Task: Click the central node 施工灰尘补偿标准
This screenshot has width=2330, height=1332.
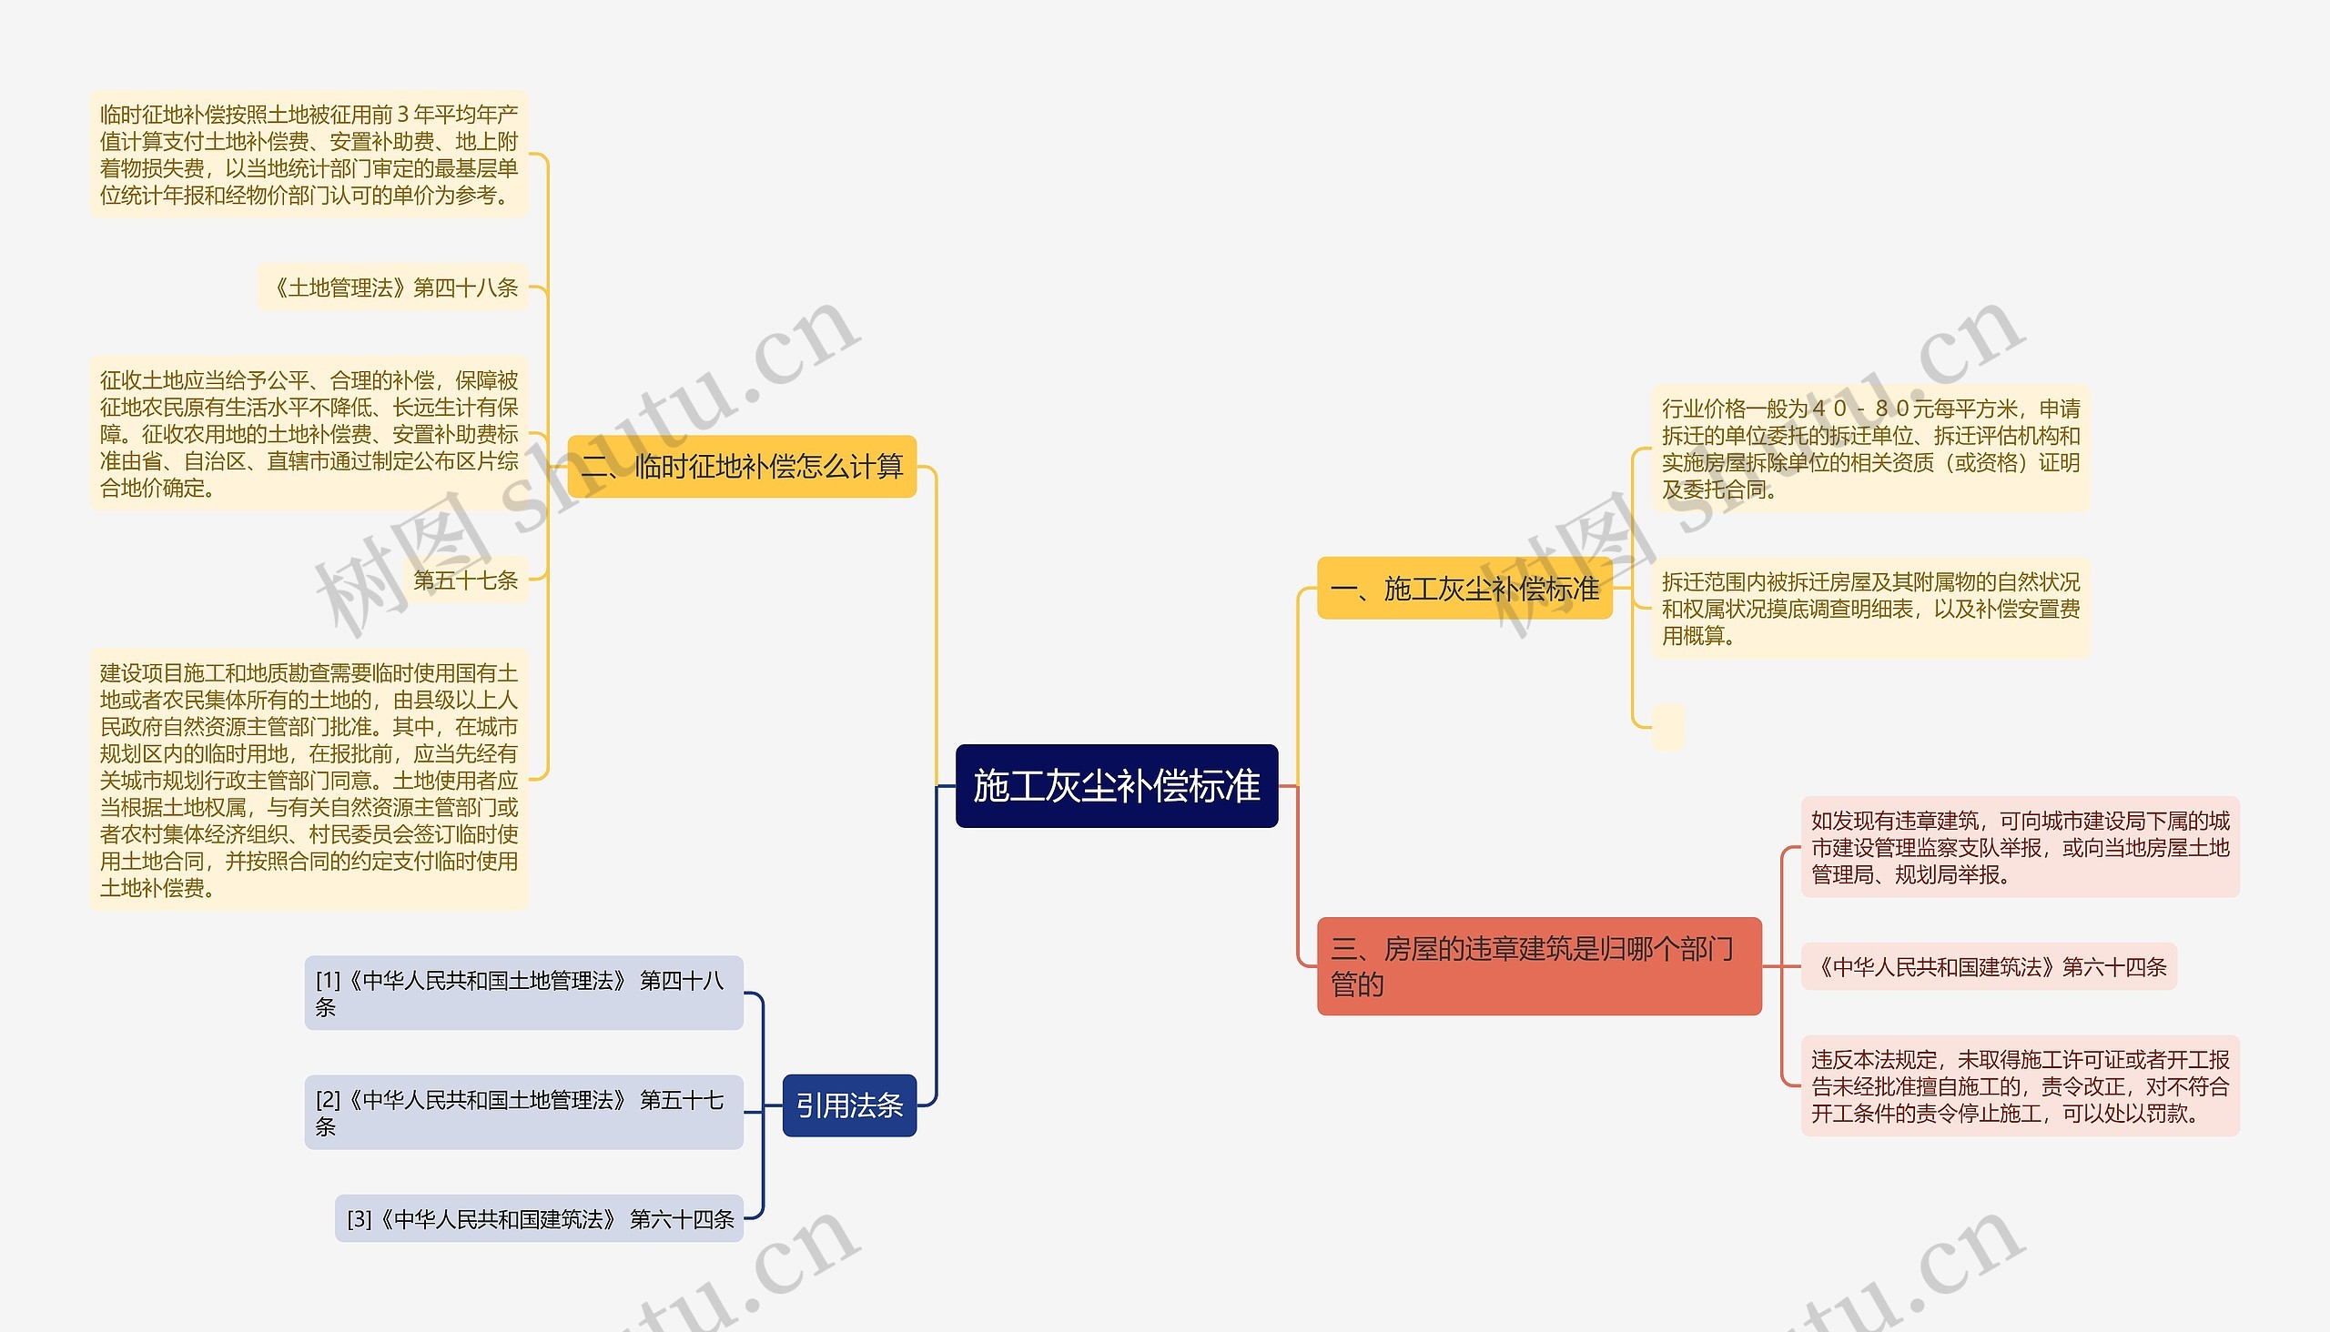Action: [1116, 786]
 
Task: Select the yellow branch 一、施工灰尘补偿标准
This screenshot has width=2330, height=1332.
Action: [1464, 589]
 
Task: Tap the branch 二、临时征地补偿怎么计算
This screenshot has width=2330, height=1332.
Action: [741, 467]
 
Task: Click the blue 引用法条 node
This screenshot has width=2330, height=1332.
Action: [848, 1105]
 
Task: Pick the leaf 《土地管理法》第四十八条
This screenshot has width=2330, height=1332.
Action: [393, 288]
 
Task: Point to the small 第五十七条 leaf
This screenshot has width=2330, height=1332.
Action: [465, 580]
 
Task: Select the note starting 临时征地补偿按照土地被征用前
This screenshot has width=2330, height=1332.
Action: [309, 154]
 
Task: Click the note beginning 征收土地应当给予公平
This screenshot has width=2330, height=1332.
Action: [309, 434]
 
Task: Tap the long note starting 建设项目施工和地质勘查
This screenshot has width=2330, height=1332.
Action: [309, 780]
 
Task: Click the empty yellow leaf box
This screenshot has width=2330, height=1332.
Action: [1667, 727]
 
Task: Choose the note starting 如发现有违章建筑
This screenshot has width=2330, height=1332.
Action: [2020, 847]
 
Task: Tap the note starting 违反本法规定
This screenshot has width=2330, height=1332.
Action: [2020, 1086]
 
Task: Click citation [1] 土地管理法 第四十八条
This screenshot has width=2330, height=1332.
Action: [522, 993]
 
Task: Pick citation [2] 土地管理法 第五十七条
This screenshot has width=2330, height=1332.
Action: [522, 1112]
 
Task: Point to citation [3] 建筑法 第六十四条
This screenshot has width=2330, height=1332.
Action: [539, 1218]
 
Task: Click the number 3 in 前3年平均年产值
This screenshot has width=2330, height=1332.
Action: [402, 115]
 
